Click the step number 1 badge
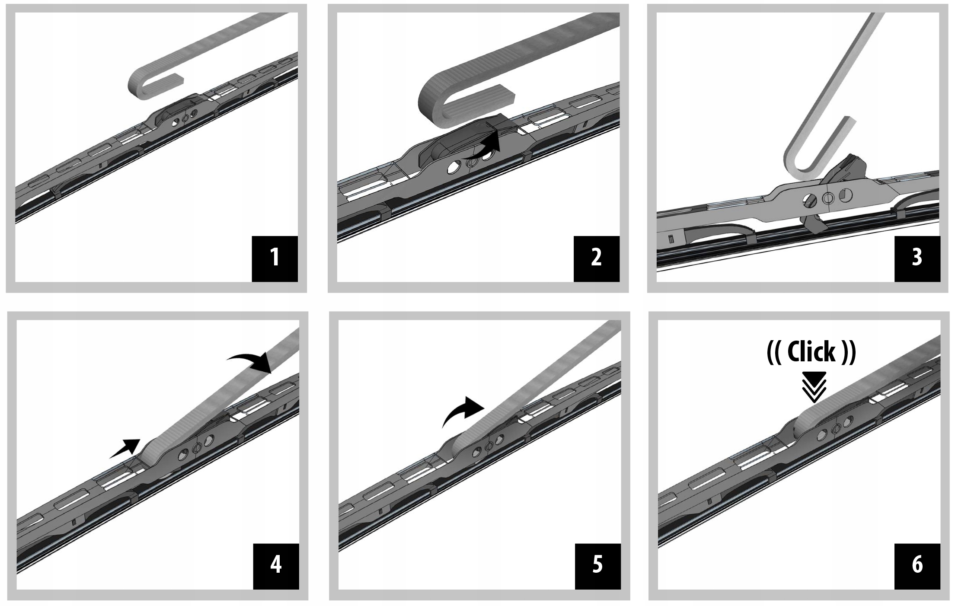[x=275, y=258]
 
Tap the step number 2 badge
[x=596, y=258]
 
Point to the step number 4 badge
[x=276, y=566]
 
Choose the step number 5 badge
[x=597, y=566]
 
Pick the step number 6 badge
[x=917, y=566]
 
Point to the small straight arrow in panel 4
[x=125, y=448]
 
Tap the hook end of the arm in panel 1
[x=143, y=83]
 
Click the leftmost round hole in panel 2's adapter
[x=454, y=167]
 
